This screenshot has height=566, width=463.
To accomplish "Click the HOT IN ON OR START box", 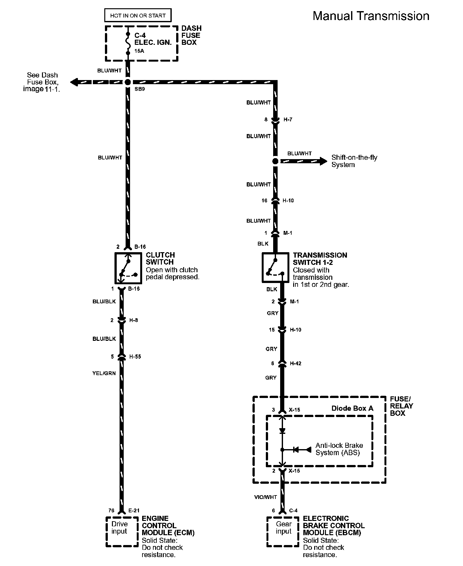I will click(x=138, y=15).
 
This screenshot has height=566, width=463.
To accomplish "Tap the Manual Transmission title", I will click(x=371, y=16).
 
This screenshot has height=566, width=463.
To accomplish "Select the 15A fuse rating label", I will click(x=139, y=51).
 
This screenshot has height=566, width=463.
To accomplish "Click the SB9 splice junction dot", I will click(x=128, y=82).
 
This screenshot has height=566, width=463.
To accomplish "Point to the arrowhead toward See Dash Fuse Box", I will click(x=74, y=82).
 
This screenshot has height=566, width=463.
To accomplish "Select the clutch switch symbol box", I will click(x=128, y=268).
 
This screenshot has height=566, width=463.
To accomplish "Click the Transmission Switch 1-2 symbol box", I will click(x=275, y=267).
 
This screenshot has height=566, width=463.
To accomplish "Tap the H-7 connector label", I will click(x=287, y=120).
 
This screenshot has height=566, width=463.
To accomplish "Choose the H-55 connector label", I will click(x=135, y=357).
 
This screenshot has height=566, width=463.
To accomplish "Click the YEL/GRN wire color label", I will click(x=104, y=373).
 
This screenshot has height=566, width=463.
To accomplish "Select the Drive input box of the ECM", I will click(x=120, y=531).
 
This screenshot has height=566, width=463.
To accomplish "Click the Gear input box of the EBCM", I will click(x=283, y=531).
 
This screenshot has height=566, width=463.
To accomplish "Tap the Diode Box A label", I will click(x=352, y=408).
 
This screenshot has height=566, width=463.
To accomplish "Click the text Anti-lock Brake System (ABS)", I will click(x=339, y=449).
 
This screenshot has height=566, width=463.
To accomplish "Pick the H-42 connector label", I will click(x=295, y=363).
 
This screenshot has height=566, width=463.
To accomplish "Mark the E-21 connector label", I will click(x=134, y=511).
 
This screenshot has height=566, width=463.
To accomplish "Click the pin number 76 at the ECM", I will click(x=111, y=511).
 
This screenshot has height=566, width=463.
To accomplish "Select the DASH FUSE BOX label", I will click(x=191, y=35).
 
